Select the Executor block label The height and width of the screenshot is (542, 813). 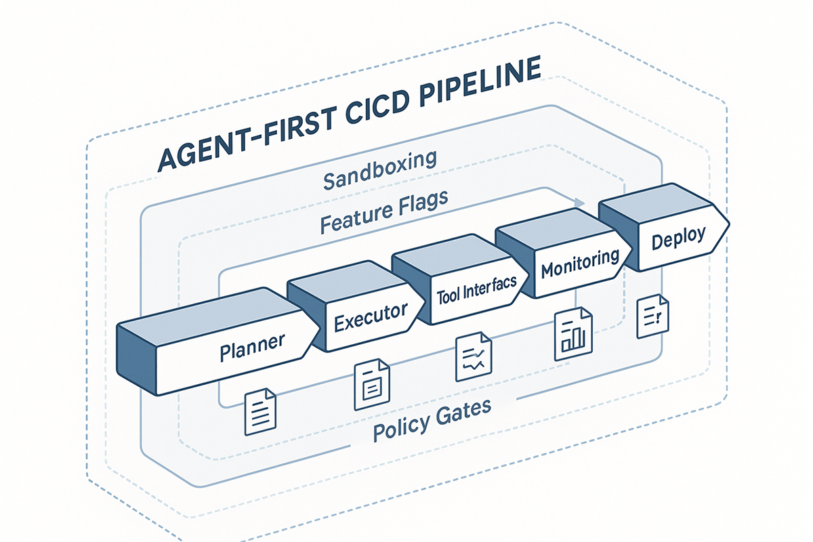click(x=371, y=316)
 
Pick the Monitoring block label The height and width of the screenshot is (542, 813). click(x=580, y=264)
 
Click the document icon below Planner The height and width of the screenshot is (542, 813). click(x=259, y=411)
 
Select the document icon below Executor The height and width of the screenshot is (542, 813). click(x=371, y=383)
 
